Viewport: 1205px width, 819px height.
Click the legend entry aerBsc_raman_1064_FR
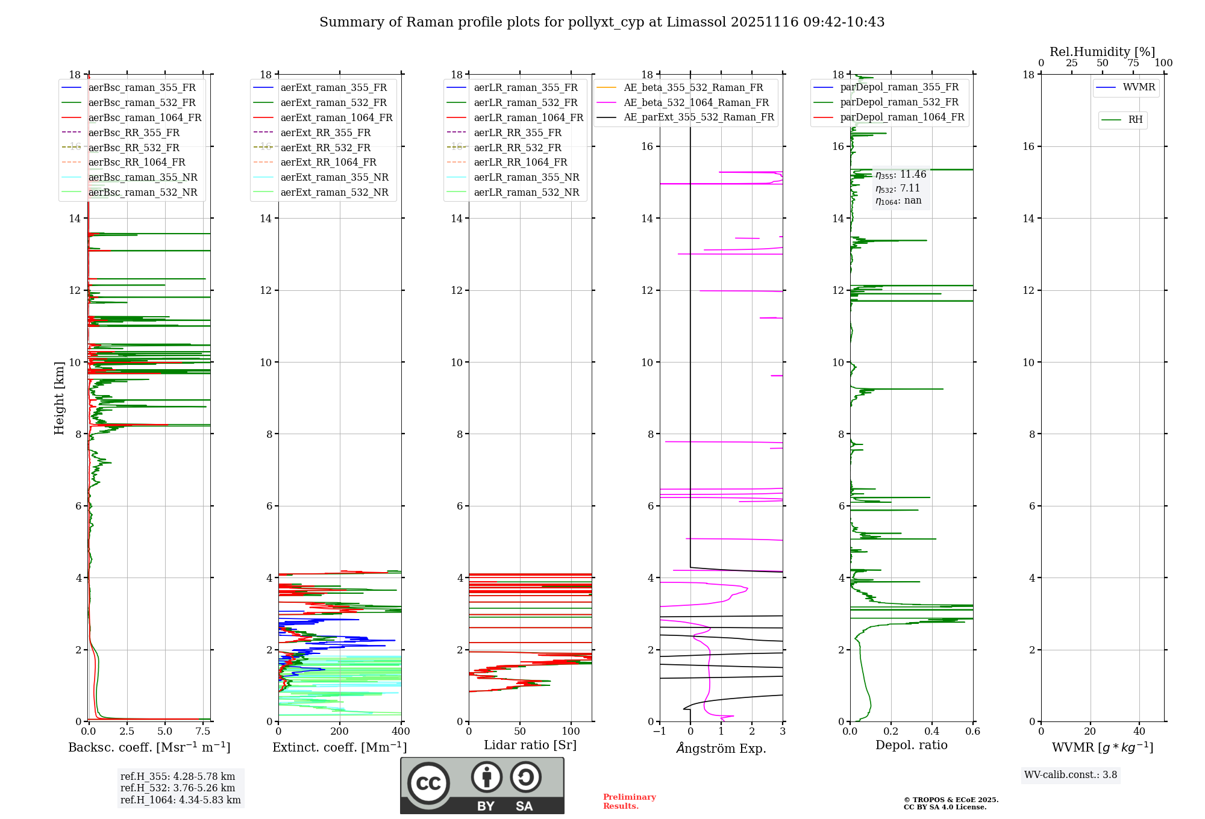(145, 117)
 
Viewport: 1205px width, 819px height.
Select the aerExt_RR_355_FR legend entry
(325, 132)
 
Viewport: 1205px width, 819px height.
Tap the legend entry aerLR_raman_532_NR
(526, 192)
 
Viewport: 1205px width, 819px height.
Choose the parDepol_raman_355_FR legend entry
(899, 87)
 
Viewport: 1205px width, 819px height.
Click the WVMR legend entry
(1139, 87)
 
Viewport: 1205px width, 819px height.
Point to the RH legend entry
(1135, 120)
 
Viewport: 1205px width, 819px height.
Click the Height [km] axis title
(59, 397)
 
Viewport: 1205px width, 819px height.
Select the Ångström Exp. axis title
(721, 748)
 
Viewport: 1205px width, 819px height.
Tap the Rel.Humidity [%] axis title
(1102, 52)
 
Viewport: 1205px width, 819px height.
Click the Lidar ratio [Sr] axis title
(530, 745)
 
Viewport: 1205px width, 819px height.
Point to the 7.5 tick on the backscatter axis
(203, 732)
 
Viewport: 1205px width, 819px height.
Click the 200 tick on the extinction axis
(340, 732)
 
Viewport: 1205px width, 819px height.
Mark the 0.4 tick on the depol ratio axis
(932, 732)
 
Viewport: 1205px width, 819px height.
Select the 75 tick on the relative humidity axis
(1133, 63)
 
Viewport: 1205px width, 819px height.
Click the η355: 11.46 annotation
(901, 175)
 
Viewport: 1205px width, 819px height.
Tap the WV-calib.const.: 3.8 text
(1071, 775)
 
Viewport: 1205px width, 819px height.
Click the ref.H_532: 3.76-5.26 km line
(178, 788)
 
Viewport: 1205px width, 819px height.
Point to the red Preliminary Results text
(629, 802)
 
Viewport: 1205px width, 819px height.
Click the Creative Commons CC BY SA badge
(482, 785)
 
